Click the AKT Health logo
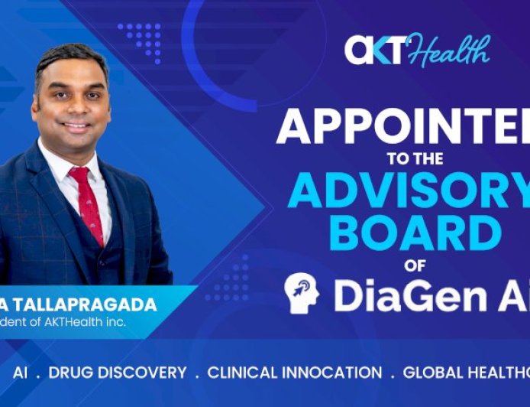[x=417, y=50]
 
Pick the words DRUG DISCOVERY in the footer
[x=118, y=373]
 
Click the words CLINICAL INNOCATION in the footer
[x=294, y=373]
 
